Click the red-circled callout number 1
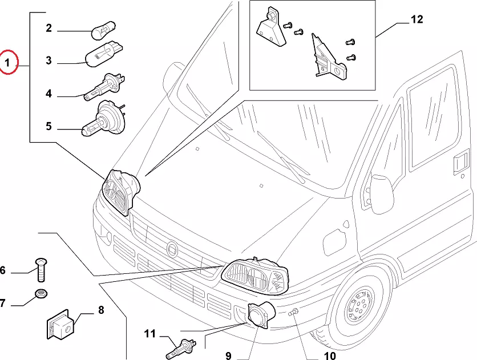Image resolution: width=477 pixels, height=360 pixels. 9,63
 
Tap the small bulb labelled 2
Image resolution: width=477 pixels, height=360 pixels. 103,29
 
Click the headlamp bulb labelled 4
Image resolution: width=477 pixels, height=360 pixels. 103,88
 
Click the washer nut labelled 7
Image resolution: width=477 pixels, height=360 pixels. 41,294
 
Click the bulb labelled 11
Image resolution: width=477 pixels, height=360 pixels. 183,346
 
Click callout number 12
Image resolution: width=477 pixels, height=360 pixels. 417,20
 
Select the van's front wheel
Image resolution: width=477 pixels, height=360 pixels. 358,306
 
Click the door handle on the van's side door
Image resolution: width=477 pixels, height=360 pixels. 459,164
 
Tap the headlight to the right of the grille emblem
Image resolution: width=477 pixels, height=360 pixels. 256,277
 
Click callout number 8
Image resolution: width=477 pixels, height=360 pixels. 100,310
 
